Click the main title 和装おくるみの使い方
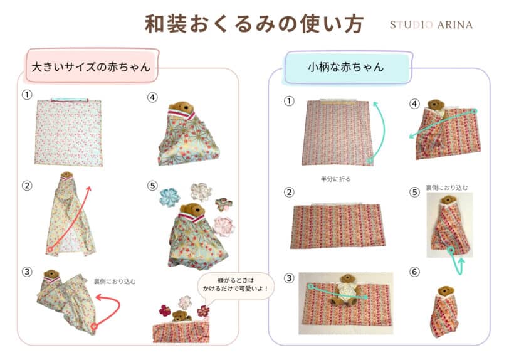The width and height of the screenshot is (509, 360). click(253, 24)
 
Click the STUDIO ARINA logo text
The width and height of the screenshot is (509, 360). click(431, 25)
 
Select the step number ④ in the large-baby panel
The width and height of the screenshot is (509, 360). click(152, 97)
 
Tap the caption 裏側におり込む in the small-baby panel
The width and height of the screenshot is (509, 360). click(447, 187)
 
